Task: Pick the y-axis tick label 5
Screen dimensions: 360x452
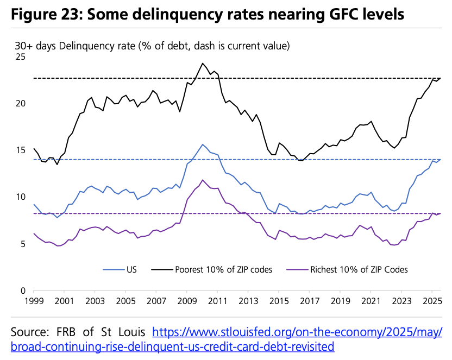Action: [x=23, y=244]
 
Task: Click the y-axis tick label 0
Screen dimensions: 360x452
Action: [x=23, y=290]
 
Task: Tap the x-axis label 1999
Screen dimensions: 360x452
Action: [x=34, y=301]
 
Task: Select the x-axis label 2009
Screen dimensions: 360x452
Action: [x=187, y=301]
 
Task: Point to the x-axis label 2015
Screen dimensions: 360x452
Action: [x=279, y=301]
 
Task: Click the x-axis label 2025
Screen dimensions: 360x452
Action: [x=432, y=301]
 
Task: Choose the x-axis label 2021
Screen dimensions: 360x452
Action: [x=371, y=301]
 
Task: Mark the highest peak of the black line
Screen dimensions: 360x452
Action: [x=203, y=63]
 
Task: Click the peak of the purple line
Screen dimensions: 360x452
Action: [x=203, y=180]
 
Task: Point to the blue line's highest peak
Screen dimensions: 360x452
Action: [x=203, y=144]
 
